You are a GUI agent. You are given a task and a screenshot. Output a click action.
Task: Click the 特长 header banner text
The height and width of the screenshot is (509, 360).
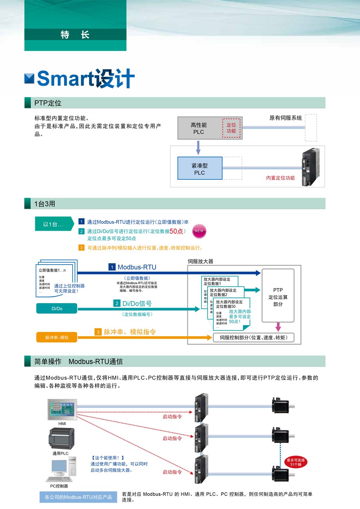click(x=75, y=35)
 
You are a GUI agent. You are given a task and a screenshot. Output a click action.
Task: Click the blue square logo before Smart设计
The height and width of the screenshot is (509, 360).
click(x=29, y=79)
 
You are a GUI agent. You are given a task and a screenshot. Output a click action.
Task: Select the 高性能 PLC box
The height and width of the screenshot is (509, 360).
click(x=199, y=128)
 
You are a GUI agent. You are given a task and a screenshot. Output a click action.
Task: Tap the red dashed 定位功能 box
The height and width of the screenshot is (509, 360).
click(x=231, y=128)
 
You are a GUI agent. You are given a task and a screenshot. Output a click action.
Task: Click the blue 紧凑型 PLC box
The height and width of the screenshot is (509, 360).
click(x=200, y=169)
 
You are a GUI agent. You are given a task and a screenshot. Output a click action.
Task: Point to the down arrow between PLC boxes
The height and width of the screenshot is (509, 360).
click(x=198, y=148)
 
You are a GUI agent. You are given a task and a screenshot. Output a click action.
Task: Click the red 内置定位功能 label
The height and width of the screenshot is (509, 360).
click(x=280, y=178)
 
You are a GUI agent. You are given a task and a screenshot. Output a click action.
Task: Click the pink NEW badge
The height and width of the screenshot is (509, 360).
click(x=199, y=231)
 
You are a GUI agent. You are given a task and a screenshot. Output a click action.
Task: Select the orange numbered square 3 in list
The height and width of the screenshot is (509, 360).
click(x=82, y=248)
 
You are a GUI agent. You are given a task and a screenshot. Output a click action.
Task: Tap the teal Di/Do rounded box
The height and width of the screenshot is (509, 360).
click(x=57, y=309)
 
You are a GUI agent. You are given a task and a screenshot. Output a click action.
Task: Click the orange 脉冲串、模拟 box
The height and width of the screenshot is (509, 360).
click(x=57, y=337)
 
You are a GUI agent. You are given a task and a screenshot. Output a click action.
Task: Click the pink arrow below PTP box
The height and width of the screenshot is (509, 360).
click(x=278, y=327)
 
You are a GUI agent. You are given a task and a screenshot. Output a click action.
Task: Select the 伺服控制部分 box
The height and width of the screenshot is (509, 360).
click(x=253, y=338)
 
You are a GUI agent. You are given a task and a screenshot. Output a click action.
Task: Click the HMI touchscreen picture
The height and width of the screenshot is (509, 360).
click(x=62, y=409)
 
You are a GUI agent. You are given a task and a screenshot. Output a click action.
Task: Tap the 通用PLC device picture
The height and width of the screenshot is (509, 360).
click(x=61, y=439)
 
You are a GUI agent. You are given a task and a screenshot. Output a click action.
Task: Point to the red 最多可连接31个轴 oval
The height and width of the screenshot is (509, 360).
click(x=296, y=462)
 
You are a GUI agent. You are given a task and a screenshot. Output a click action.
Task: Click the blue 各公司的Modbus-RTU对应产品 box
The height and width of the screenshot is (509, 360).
click(x=78, y=497)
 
